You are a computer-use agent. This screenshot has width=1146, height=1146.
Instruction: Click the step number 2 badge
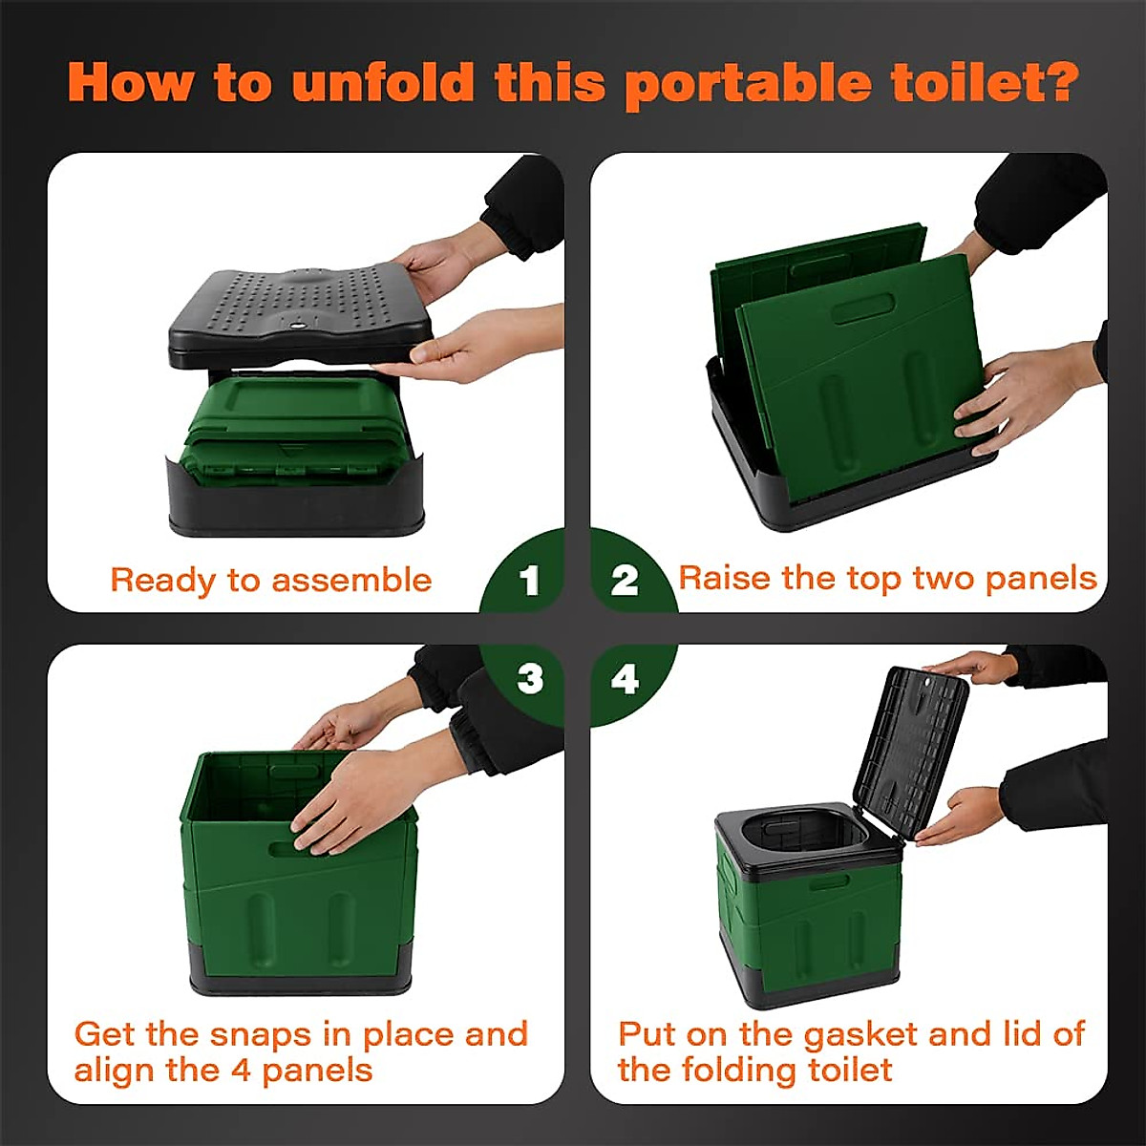(x=625, y=581)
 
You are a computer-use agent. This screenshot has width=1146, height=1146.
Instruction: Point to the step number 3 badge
(x=530, y=679)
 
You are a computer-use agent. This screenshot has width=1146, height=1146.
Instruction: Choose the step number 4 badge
(x=625, y=679)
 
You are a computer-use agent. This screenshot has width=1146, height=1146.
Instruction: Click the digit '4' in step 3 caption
(x=243, y=1071)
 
